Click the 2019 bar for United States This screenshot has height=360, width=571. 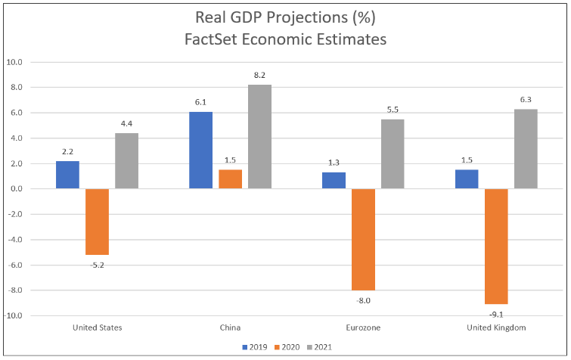[x=67, y=175]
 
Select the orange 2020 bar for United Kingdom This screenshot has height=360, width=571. [x=496, y=246]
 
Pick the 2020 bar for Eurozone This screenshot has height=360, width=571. [x=363, y=239]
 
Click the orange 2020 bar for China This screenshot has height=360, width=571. [x=230, y=179]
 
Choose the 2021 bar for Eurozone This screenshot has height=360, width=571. [x=393, y=154]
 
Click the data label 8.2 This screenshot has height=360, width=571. [x=259, y=75]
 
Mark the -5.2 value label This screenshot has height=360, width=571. [x=97, y=264]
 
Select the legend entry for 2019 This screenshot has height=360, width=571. [x=256, y=347]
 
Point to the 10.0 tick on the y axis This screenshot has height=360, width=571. [x=15, y=62]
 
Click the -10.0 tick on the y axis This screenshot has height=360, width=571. [x=14, y=315]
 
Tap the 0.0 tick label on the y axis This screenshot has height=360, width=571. [x=17, y=189]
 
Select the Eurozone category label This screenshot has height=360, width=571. [x=363, y=327]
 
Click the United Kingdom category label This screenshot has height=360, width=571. [x=496, y=327]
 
